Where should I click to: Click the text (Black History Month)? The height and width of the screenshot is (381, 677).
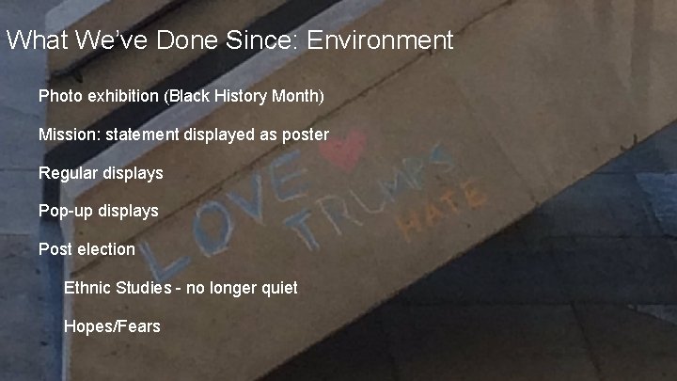249,96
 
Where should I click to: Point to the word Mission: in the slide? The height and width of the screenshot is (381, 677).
69,135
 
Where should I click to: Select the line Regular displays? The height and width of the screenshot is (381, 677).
101,173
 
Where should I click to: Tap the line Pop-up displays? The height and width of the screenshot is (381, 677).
98,211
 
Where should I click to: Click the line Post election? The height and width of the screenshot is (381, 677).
87,249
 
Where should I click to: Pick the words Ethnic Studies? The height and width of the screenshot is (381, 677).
118,288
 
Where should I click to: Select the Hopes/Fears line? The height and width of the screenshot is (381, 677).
112,326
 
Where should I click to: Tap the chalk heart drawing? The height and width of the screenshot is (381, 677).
345,151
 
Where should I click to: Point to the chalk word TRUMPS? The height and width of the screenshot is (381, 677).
371,198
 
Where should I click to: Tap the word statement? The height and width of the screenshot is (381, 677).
141,135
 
